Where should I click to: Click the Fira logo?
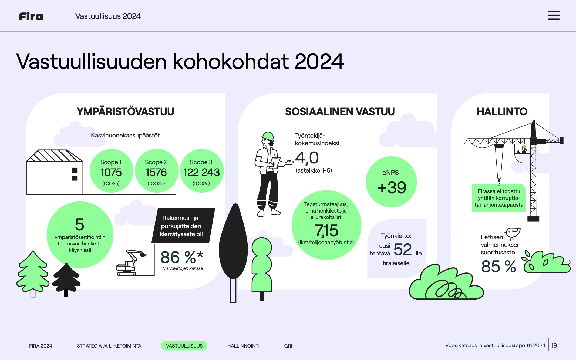31,16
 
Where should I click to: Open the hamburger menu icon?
554,15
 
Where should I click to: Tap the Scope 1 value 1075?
111,172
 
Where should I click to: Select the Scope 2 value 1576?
156,172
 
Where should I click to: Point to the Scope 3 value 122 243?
201,172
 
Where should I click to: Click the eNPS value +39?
392,187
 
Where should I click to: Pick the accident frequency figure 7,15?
326,231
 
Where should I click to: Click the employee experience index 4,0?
307,158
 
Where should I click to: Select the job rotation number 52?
403,249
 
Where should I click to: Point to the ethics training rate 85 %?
498,266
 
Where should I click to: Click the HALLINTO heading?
502,112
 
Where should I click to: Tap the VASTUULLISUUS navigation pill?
184,346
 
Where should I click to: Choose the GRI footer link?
288,346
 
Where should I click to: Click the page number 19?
554,345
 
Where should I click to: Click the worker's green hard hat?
268,136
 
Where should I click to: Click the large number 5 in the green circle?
80,224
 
